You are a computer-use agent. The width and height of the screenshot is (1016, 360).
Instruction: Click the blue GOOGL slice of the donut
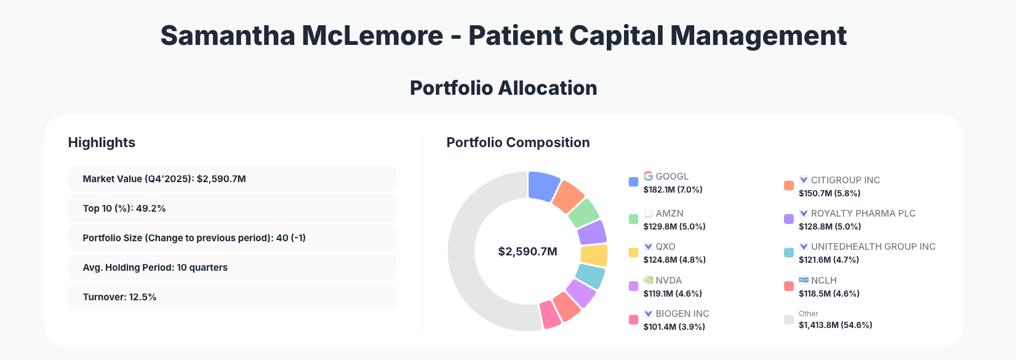click(x=543, y=186)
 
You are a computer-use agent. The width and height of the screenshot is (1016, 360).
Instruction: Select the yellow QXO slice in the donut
click(x=594, y=255)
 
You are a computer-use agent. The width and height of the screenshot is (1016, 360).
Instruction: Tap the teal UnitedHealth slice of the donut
click(x=590, y=276)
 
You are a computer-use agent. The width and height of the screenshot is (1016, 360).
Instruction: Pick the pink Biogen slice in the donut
click(x=550, y=314)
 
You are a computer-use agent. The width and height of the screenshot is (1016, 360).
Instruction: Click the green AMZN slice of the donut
click(x=583, y=213)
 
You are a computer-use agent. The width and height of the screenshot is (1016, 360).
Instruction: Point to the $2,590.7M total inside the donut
click(x=527, y=252)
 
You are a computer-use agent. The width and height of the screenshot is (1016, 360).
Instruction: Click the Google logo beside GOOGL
click(x=648, y=176)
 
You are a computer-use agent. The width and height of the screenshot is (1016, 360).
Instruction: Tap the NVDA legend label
click(x=668, y=280)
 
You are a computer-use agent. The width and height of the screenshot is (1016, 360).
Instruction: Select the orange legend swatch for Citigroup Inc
click(x=788, y=186)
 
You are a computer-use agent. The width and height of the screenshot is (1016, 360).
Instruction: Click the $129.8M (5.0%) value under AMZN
click(x=674, y=226)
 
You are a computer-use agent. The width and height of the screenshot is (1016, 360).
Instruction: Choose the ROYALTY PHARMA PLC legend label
click(x=863, y=214)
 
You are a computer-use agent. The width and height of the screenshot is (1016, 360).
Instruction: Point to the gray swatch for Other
click(x=788, y=319)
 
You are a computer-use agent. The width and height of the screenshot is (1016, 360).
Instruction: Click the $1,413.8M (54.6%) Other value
click(x=835, y=325)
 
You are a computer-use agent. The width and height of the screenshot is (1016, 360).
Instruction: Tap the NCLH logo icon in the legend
click(x=803, y=280)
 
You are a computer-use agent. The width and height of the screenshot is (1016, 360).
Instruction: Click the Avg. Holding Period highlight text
click(x=155, y=268)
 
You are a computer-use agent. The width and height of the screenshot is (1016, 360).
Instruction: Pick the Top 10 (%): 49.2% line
click(x=124, y=209)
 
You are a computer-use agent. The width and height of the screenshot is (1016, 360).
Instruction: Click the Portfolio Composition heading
click(x=518, y=143)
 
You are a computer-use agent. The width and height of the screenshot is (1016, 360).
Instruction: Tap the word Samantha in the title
click(x=228, y=36)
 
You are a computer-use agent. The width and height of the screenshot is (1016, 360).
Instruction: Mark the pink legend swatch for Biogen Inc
click(x=633, y=320)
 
